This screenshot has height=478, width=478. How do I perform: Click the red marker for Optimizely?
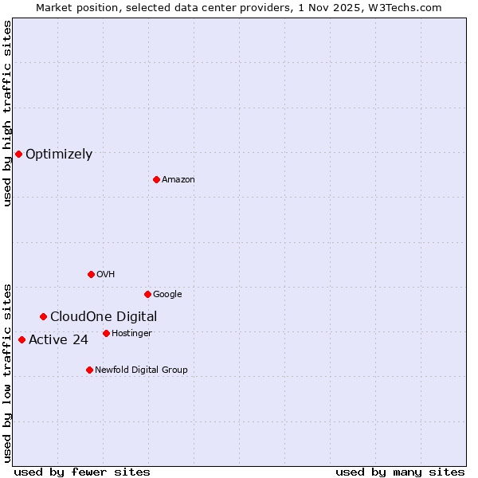click(18, 154)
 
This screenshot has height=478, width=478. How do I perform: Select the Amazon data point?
click(156, 179)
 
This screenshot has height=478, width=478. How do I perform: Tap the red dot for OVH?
click(91, 274)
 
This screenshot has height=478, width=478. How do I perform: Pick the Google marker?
click(147, 294)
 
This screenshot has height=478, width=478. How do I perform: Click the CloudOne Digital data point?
click(43, 316)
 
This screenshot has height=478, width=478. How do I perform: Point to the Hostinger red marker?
click(106, 333)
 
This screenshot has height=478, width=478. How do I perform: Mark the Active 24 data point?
click(22, 340)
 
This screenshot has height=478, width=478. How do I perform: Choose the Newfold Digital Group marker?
click(89, 370)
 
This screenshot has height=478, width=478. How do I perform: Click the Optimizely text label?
click(59, 155)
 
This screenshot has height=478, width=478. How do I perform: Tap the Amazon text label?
click(178, 180)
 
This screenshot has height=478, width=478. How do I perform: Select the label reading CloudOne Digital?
click(104, 317)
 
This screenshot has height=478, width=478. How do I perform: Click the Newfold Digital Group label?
click(141, 370)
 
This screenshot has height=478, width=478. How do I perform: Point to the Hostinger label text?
click(131, 334)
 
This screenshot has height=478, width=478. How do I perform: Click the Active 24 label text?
click(58, 341)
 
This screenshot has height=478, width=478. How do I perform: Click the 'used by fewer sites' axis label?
click(82, 472)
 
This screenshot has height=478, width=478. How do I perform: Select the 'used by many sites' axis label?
click(400, 472)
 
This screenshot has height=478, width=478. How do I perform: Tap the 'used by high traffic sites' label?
click(7, 113)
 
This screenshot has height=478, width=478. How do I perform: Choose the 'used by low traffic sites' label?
click(7, 372)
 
